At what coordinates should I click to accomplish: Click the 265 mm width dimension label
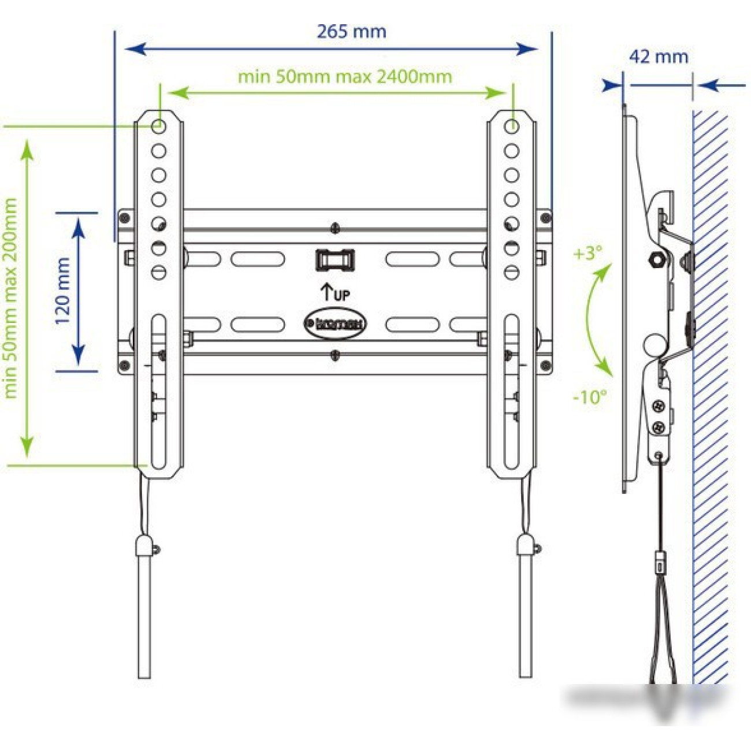point(351,31)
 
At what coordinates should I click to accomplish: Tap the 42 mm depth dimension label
point(659,57)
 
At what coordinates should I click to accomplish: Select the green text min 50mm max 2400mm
point(345,76)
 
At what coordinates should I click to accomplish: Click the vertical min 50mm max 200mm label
point(10,298)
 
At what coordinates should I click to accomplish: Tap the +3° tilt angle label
point(588,253)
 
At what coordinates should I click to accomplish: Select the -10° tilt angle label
point(589,397)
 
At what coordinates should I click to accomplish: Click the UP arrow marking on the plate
point(335,292)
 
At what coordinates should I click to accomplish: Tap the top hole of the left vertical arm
point(159,126)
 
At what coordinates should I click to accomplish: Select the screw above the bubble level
point(335,228)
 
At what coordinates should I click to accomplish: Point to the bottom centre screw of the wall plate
point(335,355)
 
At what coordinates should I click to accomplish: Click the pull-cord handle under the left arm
point(144,607)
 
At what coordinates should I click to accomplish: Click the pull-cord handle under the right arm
point(525,607)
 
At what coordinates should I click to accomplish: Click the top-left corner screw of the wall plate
point(124,217)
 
